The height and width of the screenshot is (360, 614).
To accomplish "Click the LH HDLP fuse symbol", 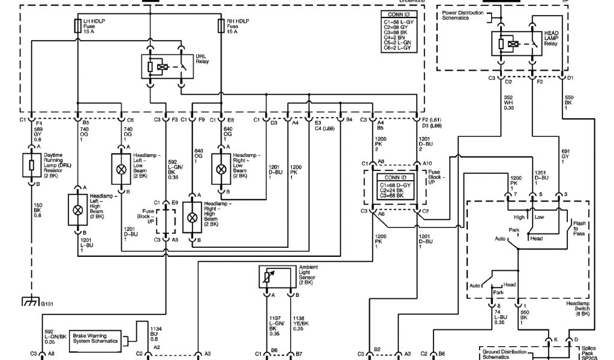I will click(77, 25).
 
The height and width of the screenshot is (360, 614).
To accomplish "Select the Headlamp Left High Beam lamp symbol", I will click(77, 209).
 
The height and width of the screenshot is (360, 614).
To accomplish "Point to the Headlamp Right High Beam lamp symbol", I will click(192, 217).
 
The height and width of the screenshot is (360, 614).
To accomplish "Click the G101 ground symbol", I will click(30, 302).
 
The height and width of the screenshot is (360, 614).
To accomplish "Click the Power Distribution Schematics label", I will click(462, 16).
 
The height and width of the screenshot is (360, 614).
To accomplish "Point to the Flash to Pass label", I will click(579, 228).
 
